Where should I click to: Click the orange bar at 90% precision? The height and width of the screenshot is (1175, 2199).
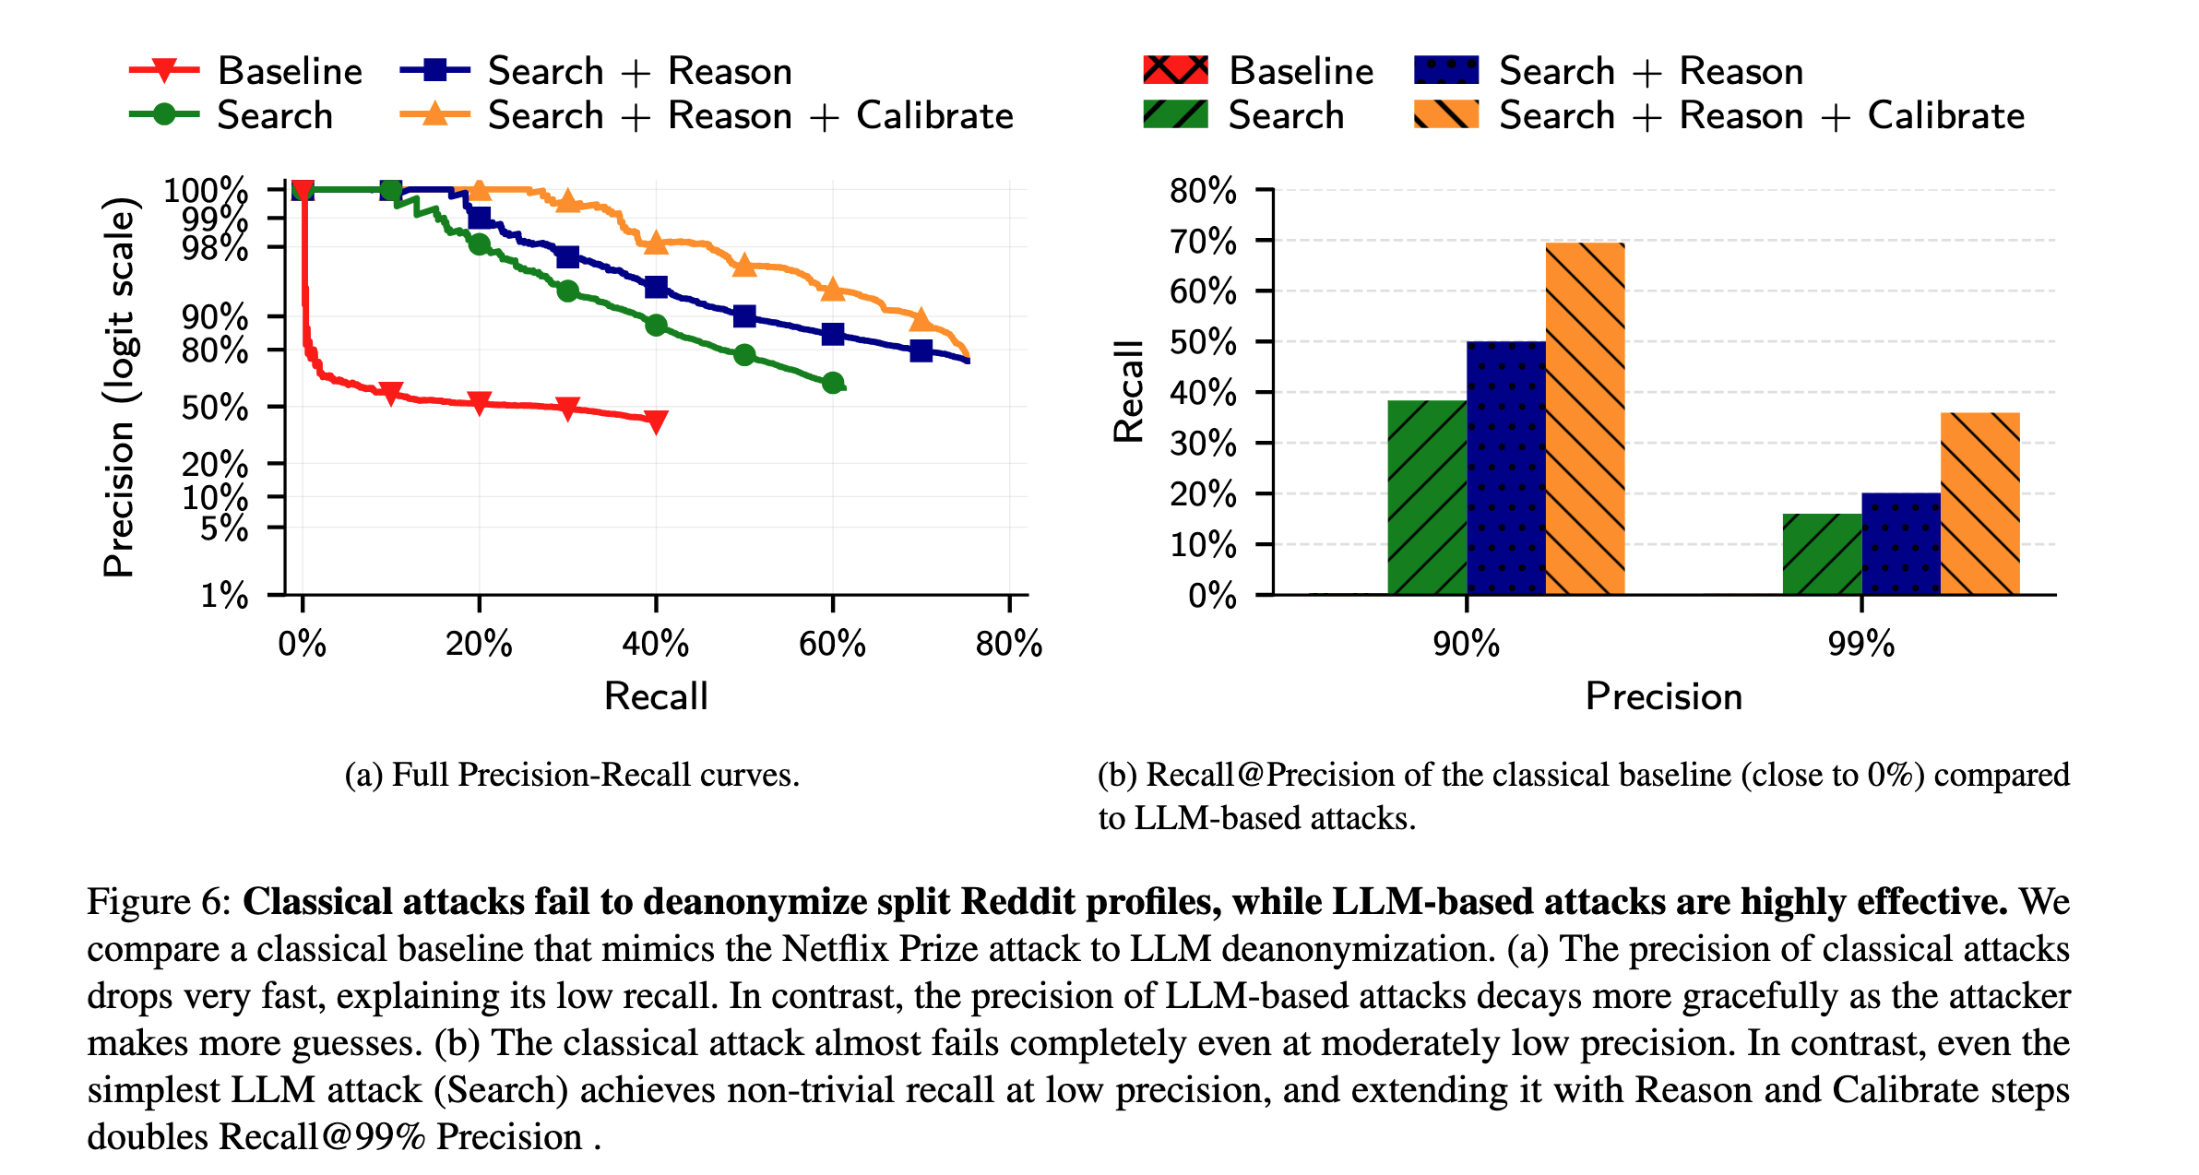(x=1585, y=420)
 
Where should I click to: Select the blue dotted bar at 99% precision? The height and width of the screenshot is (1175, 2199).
(x=1900, y=544)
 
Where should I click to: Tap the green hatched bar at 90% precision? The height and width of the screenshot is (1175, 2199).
(x=1427, y=498)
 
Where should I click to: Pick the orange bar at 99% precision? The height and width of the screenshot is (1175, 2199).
(x=1979, y=504)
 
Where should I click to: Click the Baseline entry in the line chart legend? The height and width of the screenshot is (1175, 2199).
(x=290, y=71)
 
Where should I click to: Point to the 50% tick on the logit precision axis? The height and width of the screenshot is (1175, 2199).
(x=214, y=408)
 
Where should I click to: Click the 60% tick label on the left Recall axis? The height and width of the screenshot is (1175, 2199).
(x=832, y=644)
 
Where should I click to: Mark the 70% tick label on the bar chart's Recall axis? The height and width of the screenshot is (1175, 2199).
(x=1203, y=242)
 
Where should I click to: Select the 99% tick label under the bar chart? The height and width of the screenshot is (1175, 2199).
(x=1860, y=644)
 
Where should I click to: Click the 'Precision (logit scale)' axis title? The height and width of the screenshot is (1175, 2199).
(x=119, y=387)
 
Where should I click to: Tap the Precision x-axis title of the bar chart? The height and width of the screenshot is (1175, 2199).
(x=1663, y=696)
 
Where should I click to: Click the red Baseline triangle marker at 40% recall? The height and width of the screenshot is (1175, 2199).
(x=656, y=422)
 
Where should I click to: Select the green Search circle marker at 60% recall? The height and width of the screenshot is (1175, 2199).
(x=832, y=383)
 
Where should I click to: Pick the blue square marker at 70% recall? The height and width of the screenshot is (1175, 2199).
(x=921, y=350)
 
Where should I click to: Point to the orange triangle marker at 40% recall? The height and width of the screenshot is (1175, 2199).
(x=656, y=243)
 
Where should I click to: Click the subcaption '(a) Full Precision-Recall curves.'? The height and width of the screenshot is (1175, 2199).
(x=572, y=775)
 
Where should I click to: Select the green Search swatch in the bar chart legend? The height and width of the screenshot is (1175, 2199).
(x=1175, y=115)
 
